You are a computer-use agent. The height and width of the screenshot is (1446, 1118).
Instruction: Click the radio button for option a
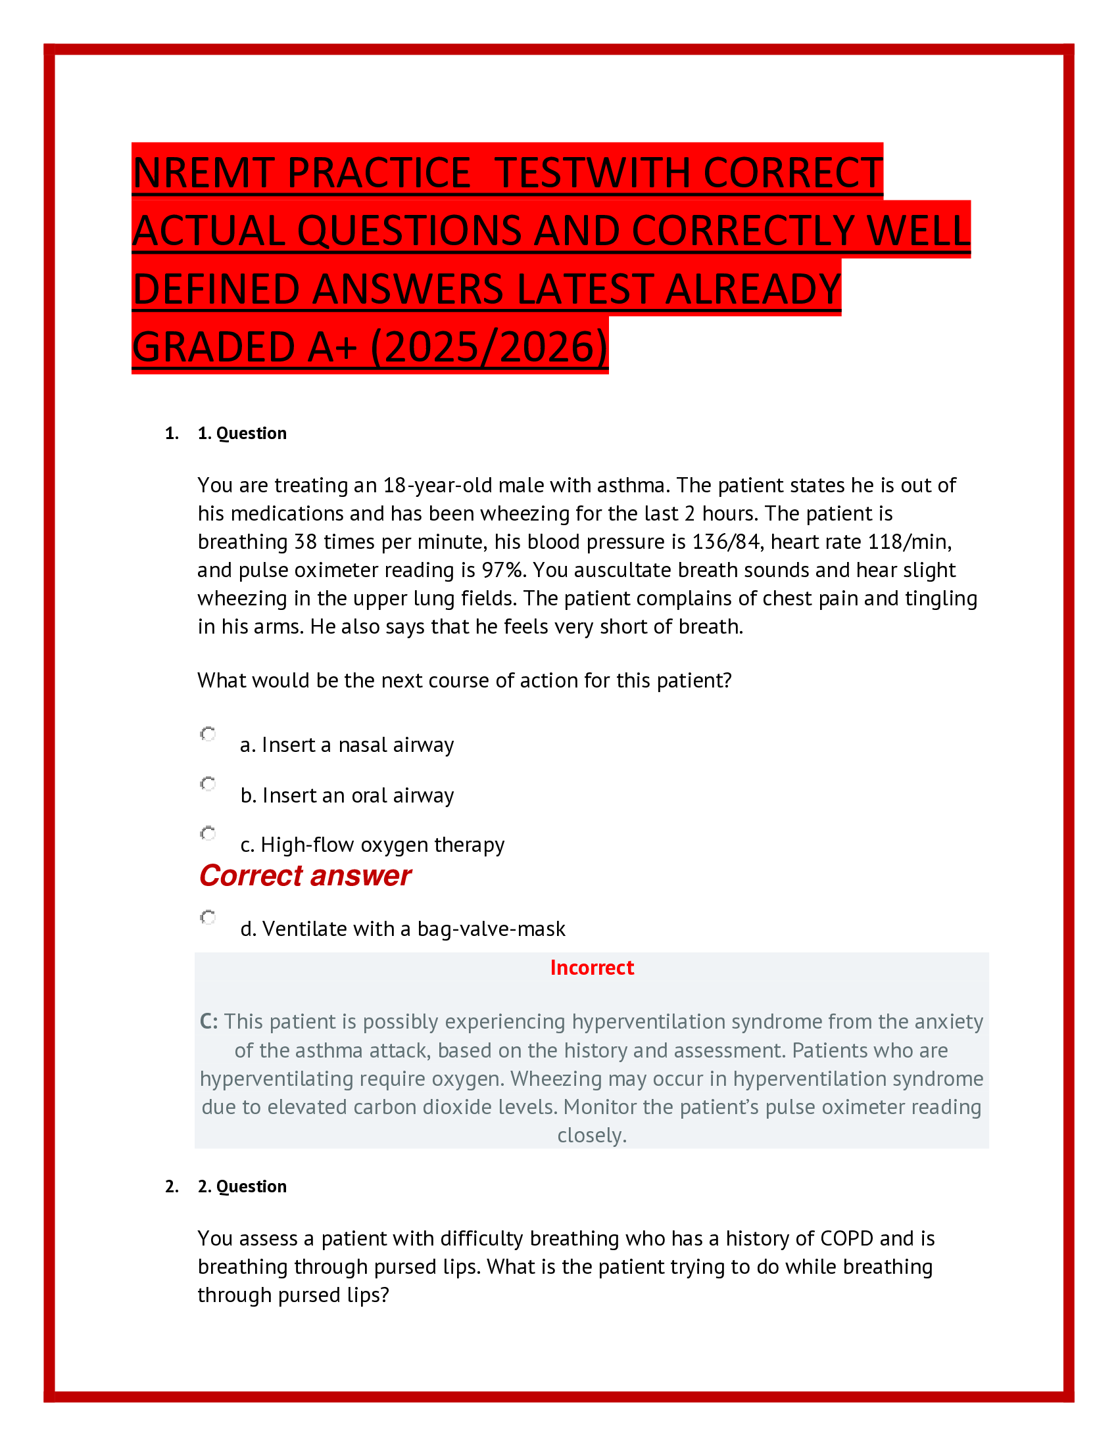click(208, 734)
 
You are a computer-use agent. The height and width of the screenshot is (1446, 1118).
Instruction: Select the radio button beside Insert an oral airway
click(208, 784)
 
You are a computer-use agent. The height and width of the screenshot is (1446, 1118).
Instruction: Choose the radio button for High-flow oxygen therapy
click(208, 833)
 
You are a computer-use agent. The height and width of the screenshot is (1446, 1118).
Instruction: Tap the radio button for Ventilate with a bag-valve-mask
click(208, 917)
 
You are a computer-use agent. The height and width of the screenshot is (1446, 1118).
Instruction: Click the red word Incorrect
click(591, 968)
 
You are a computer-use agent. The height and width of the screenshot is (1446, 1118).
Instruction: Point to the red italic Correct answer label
click(304, 875)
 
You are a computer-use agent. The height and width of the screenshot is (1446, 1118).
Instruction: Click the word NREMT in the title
click(203, 174)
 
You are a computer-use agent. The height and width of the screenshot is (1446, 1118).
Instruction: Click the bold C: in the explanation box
click(208, 1021)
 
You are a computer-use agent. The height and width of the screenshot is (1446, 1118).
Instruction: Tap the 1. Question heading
click(242, 433)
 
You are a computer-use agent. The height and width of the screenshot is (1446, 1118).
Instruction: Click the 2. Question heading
click(242, 1186)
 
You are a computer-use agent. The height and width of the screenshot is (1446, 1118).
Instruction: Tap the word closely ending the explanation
click(591, 1136)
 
